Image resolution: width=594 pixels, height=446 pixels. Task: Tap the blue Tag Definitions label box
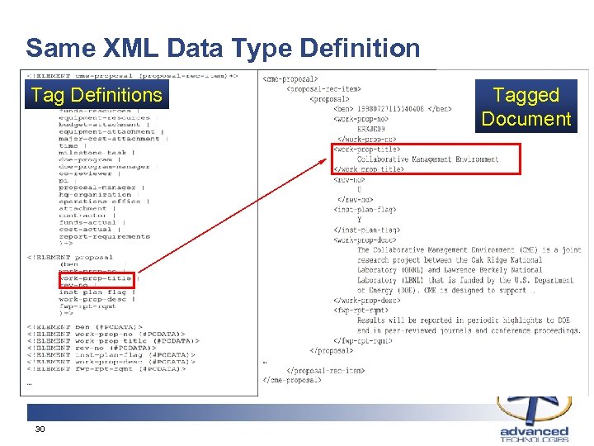(97, 96)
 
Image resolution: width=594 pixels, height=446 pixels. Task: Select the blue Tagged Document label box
(526, 107)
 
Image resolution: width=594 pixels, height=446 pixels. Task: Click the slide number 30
(39, 429)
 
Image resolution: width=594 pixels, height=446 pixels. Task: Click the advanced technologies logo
(534, 421)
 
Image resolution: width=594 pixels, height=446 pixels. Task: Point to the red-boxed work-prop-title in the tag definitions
(96, 278)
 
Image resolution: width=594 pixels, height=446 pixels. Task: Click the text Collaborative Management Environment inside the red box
(427, 159)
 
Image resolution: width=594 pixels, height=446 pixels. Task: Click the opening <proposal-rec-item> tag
(324, 88)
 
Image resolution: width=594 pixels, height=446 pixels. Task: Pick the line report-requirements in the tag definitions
(104, 236)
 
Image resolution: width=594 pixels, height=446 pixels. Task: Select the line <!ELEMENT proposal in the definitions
(70, 257)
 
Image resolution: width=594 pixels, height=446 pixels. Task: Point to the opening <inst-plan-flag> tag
(365, 210)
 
